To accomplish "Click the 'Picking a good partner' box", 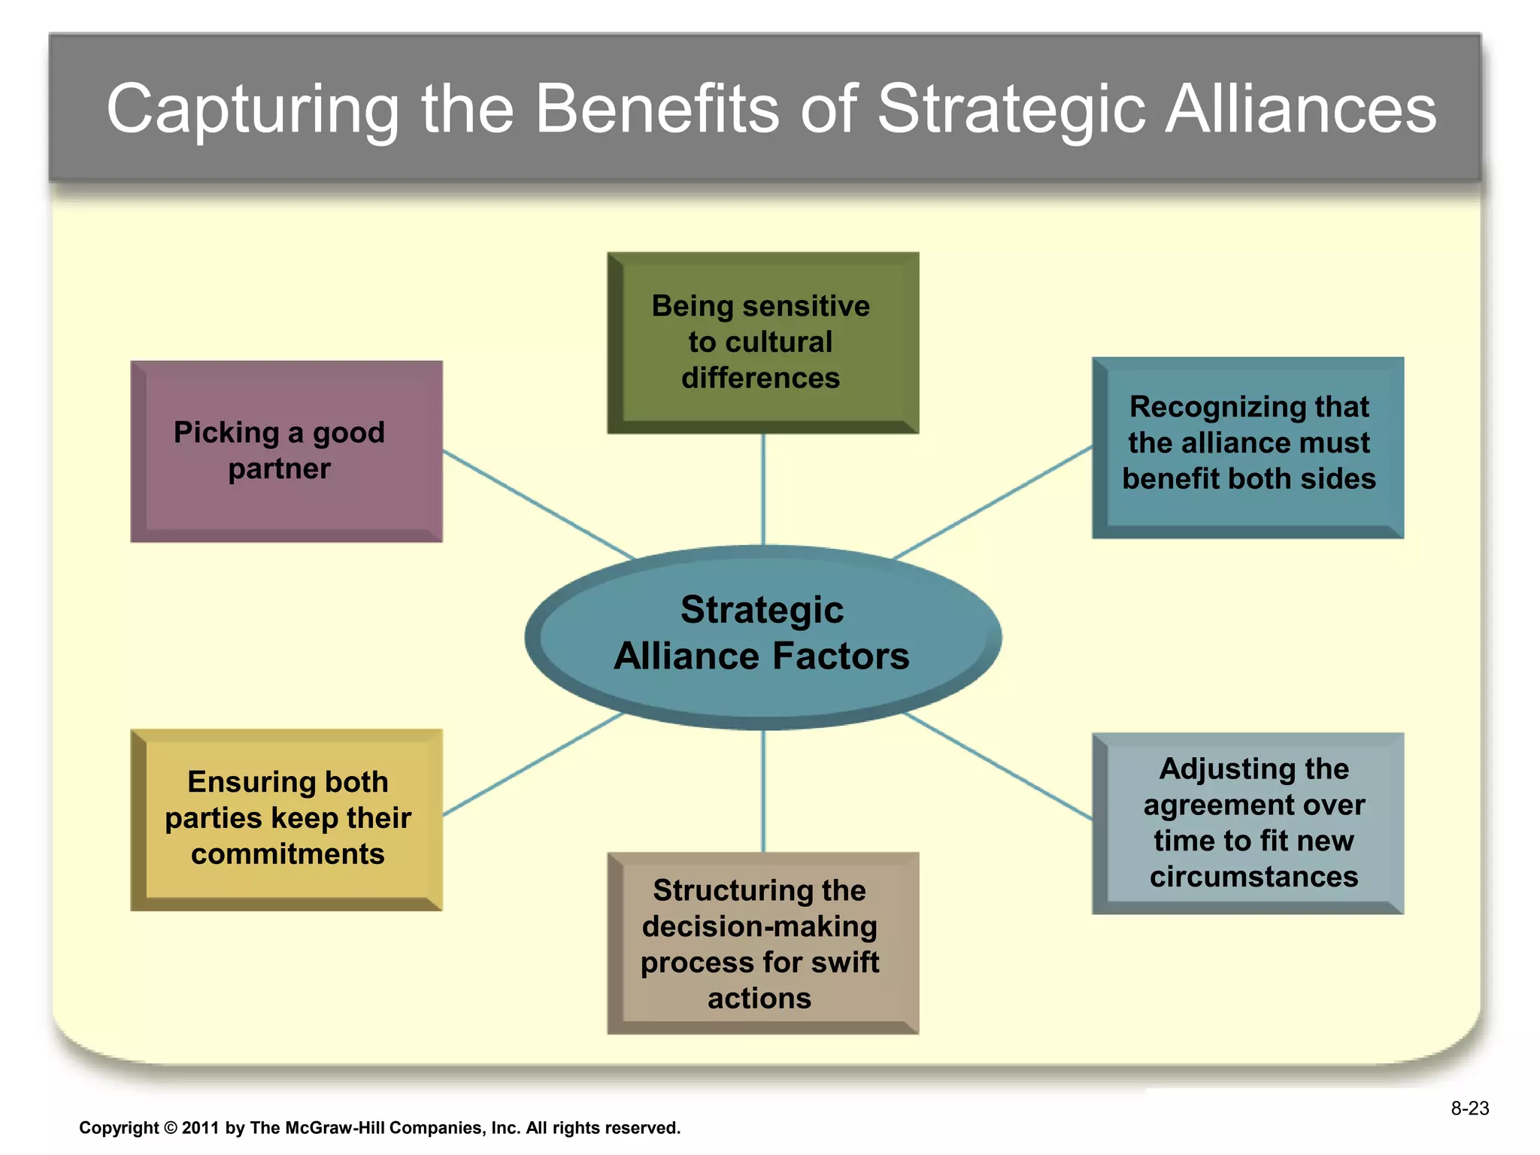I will [286, 451].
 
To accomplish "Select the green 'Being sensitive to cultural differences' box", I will [762, 342].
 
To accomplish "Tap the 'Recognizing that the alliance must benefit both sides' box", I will [1247, 447].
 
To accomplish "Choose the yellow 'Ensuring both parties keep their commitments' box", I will [286, 820].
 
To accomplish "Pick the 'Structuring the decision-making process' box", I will [762, 943].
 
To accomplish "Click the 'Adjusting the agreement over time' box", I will [1247, 823].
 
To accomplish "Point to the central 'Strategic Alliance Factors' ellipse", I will [762, 635].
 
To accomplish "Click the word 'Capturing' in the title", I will [252, 110].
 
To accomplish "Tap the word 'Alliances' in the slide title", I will [1300, 110].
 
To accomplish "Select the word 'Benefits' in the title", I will [656, 110].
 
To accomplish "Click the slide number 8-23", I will [1469, 1108].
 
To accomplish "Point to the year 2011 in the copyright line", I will [199, 1128].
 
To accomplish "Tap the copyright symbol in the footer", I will [170, 1128].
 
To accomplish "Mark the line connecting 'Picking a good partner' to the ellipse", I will [538, 504].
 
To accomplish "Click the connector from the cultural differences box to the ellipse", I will [763, 489].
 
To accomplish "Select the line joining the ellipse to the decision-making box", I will [763, 790].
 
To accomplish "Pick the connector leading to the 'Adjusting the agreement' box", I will [996, 765].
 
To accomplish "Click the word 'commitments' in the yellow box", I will [287, 854].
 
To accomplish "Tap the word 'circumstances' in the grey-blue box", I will [1254, 877].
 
